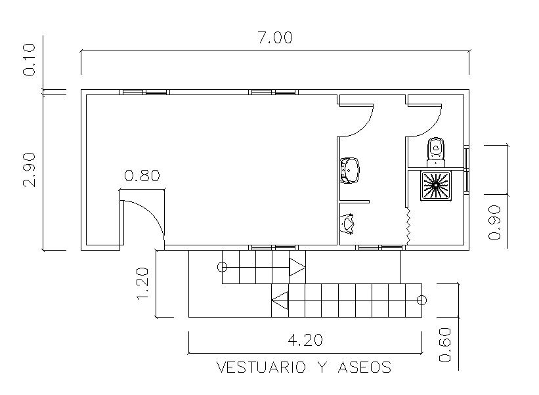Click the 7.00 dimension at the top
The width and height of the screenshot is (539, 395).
pyautogui.click(x=274, y=37)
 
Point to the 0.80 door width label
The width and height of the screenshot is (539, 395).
pyautogui.click(x=142, y=176)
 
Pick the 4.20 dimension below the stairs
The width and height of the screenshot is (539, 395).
pyautogui.click(x=305, y=340)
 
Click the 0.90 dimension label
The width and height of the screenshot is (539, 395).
pyautogui.click(x=496, y=223)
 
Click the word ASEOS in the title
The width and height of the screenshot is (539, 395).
pyautogui.click(x=364, y=367)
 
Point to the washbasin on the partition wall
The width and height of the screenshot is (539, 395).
pyautogui.click(x=350, y=170)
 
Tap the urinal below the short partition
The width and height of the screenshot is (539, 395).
pyautogui.click(x=349, y=223)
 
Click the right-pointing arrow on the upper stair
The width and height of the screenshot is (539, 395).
pyautogui.click(x=297, y=267)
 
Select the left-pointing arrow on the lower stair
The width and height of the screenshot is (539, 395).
pyautogui.click(x=280, y=301)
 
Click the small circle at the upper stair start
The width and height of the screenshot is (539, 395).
pyautogui.click(x=223, y=267)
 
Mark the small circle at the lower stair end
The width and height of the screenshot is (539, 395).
pyautogui.click(x=421, y=301)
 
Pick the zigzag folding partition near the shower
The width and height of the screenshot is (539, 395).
pyautogui.click(x=408, y=226)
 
